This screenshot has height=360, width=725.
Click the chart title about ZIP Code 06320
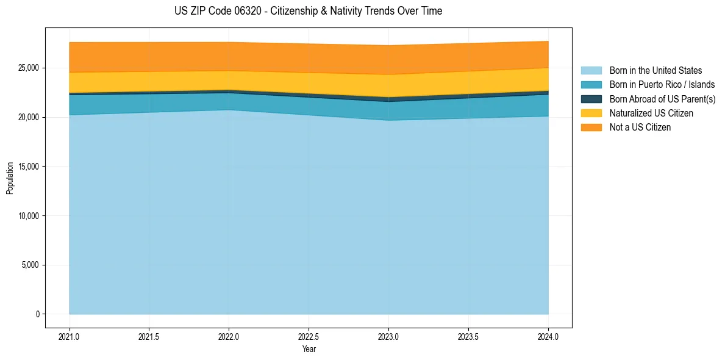(x=308, y=11)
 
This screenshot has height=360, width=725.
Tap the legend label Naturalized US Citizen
(x=651, y=113)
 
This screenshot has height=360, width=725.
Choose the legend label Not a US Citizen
(x=640, y=127)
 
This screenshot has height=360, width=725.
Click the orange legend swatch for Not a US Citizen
(x=591, y=127)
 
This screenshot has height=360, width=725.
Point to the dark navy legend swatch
(x=591, y=99)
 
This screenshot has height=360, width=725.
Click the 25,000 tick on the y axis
(x=29, y=68)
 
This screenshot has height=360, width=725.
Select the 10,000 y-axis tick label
(x=29, y=216)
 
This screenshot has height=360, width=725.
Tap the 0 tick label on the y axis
(x=37, y=314)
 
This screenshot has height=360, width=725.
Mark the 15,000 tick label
(x=29, y=167)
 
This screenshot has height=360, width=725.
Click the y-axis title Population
(x=10, y=178)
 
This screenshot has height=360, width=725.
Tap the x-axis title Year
(x=309, y=350)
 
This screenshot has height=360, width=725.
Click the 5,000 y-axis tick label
(x=30, y=265)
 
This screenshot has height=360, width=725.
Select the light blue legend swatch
(x=591, y=70)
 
